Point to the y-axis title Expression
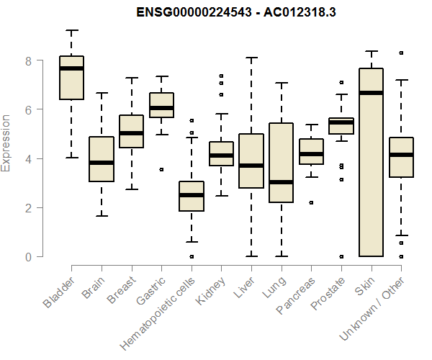point(7,143)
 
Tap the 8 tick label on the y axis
point(29,61)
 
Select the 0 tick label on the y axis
point(29,257)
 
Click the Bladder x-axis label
point(59,292)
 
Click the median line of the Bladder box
point(71,68)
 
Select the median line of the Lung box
point(281,182)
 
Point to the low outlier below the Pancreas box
point(311,202)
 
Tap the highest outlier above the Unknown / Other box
point(401,53)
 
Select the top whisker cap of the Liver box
point(251,58)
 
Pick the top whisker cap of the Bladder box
point(71,30)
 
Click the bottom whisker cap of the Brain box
point(102,216)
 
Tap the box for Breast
point(131,132)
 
